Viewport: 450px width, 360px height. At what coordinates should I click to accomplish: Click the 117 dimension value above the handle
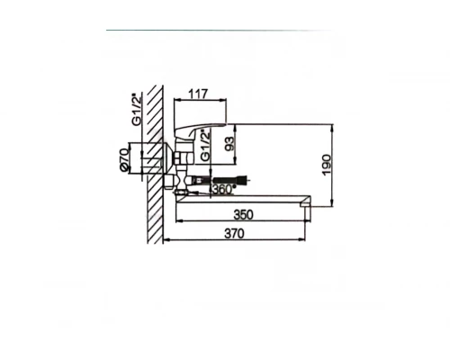[198, 94]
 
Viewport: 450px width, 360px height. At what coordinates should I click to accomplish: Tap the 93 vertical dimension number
[229, 144]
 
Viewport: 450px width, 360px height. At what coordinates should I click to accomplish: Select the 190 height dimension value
[326, 165]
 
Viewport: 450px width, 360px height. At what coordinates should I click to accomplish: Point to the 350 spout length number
[243, 214]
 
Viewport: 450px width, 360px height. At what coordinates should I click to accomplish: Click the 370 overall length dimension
[234, 233]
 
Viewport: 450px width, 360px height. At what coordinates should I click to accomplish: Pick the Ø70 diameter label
[124, 159]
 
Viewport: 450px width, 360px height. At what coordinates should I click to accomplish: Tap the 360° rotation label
[224, 189]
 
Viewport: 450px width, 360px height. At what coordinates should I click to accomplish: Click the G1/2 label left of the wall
[136, 110]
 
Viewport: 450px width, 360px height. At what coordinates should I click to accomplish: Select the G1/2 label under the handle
[204, 146]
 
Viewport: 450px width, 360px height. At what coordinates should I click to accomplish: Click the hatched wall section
[156, 164]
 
